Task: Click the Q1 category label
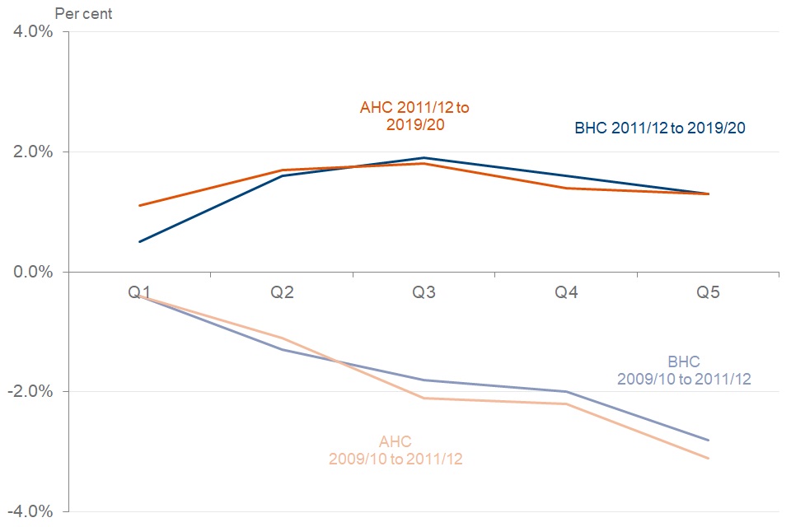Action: pos(140,292)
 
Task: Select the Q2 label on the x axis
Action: pos(282,292)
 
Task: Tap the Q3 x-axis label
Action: pos(424,292)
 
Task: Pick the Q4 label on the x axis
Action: pos(566,292)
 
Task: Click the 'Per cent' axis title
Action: pos(83,13)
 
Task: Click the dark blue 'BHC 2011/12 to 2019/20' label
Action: pos(661,128)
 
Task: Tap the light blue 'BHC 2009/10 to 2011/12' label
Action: pos(683,371)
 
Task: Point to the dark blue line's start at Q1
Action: pos(140,242)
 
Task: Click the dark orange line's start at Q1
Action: pos(140,206)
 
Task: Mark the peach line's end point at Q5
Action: pos(708,458)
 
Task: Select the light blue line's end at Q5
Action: pos(708,440)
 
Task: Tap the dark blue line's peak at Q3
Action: pos(424,158)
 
